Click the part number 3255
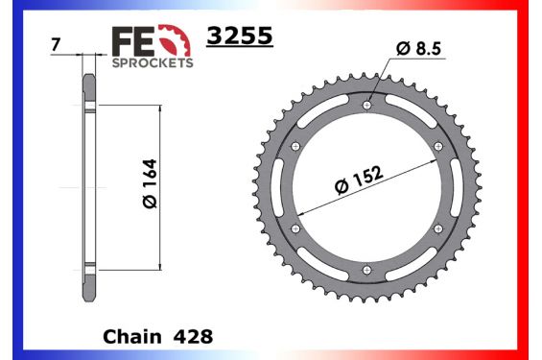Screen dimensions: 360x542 pos(241,36)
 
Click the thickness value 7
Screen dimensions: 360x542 pos(59,45)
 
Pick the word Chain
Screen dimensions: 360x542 pos(131,338)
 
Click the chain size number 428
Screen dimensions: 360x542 pos(194,338)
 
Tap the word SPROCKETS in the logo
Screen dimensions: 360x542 pos(153,62)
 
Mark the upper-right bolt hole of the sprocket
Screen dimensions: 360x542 pos(439,145)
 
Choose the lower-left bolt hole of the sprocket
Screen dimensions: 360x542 pos(295,228)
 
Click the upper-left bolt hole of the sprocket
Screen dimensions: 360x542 pos(295,145)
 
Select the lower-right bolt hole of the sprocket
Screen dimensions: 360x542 pos(439,228)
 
